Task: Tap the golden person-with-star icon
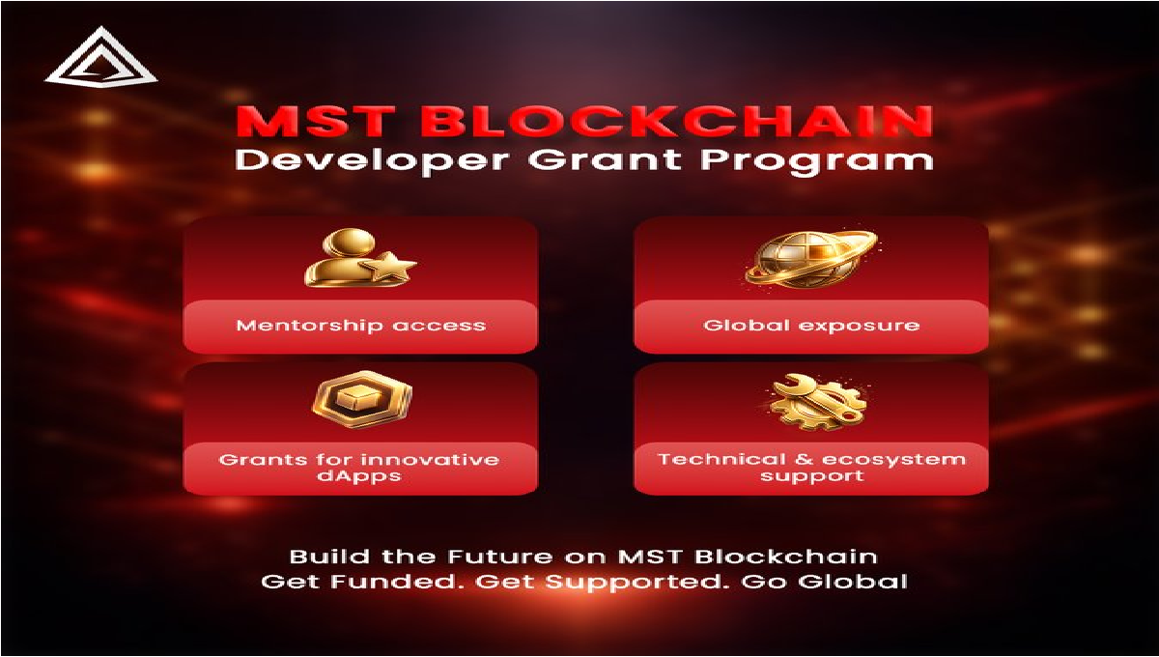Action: tap(357, 259)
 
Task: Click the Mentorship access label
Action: tap(361, 325)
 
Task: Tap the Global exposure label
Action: tap(811, 325)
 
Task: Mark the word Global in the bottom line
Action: tap(857, 583)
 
